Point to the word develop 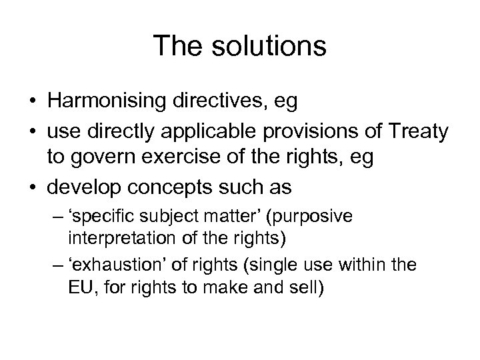pyautogui.click(x=87, y=187)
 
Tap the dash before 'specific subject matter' pyautogui.click(x=56, y=218)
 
